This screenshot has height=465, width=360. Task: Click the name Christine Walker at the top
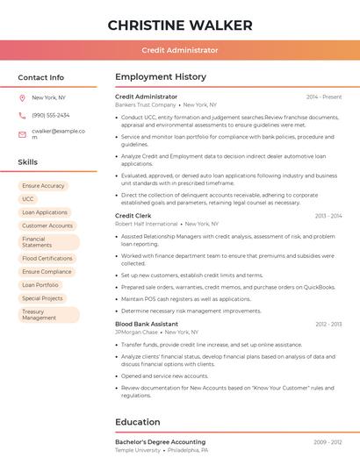click(x=180, y=25)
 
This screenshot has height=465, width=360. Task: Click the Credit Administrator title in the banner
click(x=180, y=50)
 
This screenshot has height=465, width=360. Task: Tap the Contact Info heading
click(x=41, y=77)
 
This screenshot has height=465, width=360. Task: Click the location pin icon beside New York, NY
click(x=22, y=98)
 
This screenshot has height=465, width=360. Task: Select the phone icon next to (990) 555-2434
click(x=22, y=115)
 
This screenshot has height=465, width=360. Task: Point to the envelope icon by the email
click(x=22, y=134)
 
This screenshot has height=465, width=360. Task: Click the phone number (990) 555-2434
click(x=50, y=115)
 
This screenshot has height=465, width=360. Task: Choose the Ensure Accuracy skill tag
click(x=43, y=186)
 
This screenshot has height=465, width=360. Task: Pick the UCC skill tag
click(x=28, y=199)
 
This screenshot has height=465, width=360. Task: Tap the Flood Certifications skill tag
click(x=47, y=259)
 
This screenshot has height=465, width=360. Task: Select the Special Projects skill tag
click(x=43, y=298)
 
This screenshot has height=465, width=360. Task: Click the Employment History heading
click(x=160, y=77)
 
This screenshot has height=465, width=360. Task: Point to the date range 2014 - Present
click(x=324, y=97)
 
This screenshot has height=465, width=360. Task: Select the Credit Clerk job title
click(x=133, y=215)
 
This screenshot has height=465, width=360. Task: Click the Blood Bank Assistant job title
click(x=147, y=324)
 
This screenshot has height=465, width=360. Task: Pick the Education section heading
click(x=137, y=422)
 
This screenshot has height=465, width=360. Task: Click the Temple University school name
click(x=138, y=450)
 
